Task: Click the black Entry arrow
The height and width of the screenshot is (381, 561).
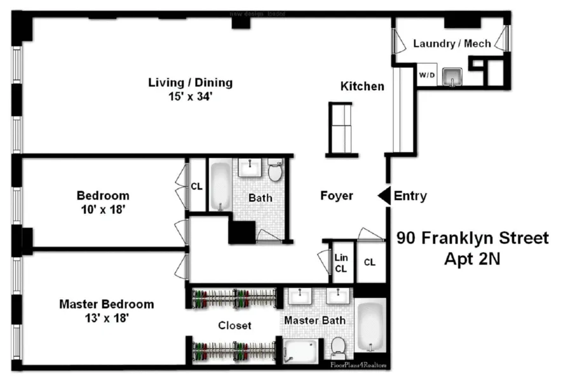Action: click(x=384, y=196)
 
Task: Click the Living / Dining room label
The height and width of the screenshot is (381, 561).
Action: click(x=190, y=83)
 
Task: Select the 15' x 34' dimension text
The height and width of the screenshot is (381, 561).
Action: click(x=190, y=97)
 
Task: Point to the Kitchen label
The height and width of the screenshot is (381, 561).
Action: click(x=362, y=86)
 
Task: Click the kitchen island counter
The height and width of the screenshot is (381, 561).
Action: click(x=342, y=127)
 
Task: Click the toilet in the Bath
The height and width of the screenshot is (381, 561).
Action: click(x=275, y=171)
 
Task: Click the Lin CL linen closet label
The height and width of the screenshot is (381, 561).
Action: click(x=342, y=262)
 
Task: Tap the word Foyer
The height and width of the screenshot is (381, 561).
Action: click(x=336, y=196)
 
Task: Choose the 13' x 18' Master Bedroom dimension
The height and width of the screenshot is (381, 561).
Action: click(x=106, y=318)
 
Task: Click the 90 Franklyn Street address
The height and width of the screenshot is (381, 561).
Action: click(x=473, y=238)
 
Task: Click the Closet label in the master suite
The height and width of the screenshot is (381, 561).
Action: click(x=235, y=326)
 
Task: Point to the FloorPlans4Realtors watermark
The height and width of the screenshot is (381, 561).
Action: click(x=358, y=364)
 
